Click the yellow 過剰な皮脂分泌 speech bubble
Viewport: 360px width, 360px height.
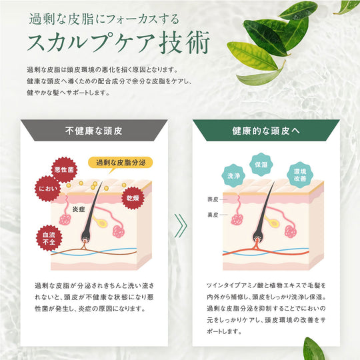click(x=121, y=162)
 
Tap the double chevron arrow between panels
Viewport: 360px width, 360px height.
click(x=179, y=225)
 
